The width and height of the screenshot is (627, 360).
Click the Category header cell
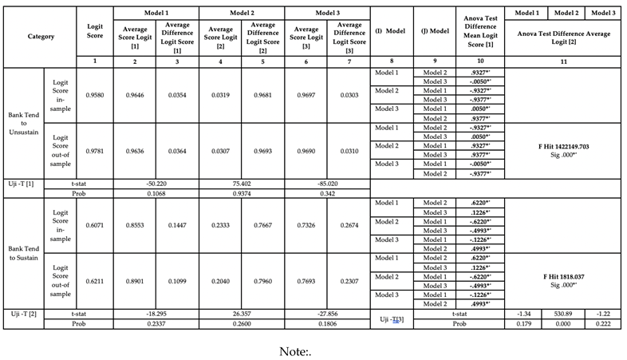click(41, 36)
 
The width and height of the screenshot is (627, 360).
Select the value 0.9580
click(94, 95)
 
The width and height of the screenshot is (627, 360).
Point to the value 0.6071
click(94, 226)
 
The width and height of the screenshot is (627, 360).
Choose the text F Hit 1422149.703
click(563, 148)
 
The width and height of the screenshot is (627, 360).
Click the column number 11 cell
click(563, 61)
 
